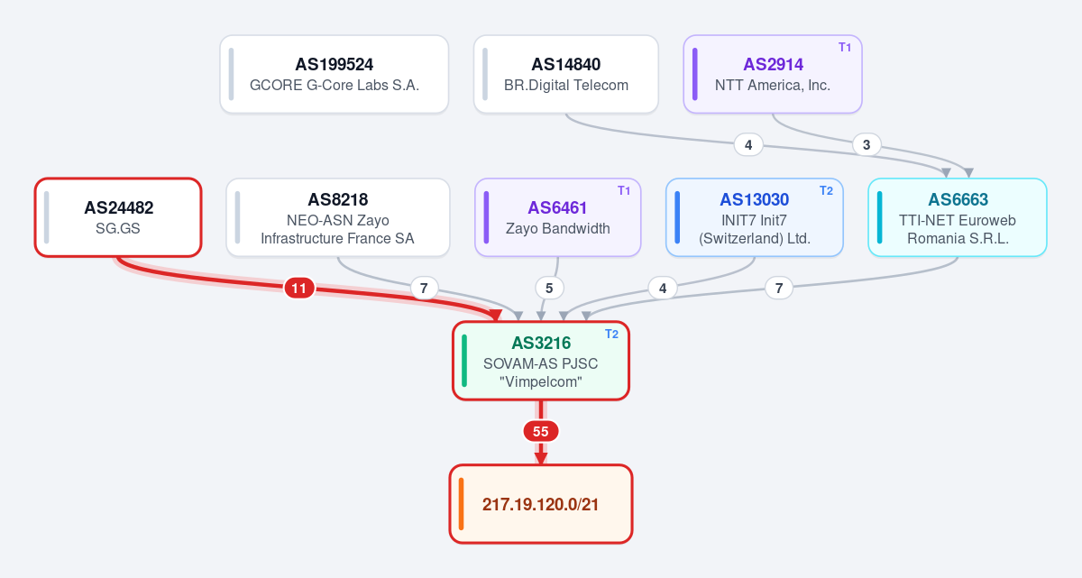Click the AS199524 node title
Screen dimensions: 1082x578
(x=335, y=64)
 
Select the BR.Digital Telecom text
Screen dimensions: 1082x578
(x=566, y=85)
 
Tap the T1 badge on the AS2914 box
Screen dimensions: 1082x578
(x=845, y=47)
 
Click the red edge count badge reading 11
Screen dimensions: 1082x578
(x=299, y=289)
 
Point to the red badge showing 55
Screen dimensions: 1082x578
(x=540, y=431)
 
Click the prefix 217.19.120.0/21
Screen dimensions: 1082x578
(x=540, y=504)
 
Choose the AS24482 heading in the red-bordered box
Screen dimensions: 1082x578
(x=119, y=207)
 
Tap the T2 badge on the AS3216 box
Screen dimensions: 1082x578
(x=611, y=335)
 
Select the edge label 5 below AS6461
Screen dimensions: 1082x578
(x=549, y=289)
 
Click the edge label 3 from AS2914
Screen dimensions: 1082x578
(x=867, y=144)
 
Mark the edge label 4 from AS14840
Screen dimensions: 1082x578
(x=748, y=144)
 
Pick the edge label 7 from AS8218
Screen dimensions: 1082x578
(x=424, y=289)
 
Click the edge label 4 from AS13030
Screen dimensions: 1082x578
(x=663, y=289)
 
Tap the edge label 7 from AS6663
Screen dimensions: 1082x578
(x=779, y=289)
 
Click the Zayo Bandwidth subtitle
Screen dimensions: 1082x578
(x=558, y=228)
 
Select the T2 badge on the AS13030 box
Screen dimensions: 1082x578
(x=827, y=191)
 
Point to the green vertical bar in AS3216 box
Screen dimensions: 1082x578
(x=464, y=361)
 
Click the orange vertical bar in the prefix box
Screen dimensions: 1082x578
(x=462, y=504)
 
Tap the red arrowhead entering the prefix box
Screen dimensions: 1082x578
(x=540, y=459)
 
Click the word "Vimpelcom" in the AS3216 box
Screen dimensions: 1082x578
(x=540, y=382)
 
